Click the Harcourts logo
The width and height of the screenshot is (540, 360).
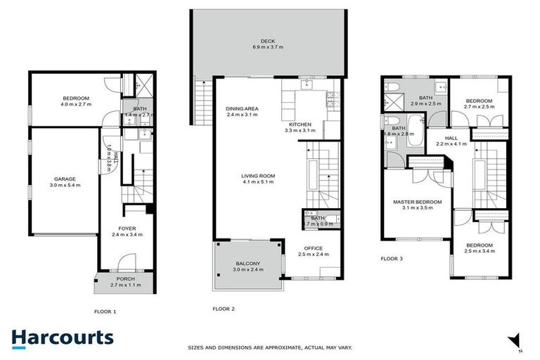tap(62, 337)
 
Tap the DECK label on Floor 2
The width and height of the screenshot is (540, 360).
tap(267, 41)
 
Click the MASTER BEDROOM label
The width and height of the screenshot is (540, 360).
tap(417, 202)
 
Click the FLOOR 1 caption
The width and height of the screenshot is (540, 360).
tap(105, 310)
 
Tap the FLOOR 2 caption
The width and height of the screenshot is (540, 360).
tap(224, 309)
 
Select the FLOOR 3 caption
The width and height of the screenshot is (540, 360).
tap(392, 259)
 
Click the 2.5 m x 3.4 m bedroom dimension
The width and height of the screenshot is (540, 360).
tap(480, 251)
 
